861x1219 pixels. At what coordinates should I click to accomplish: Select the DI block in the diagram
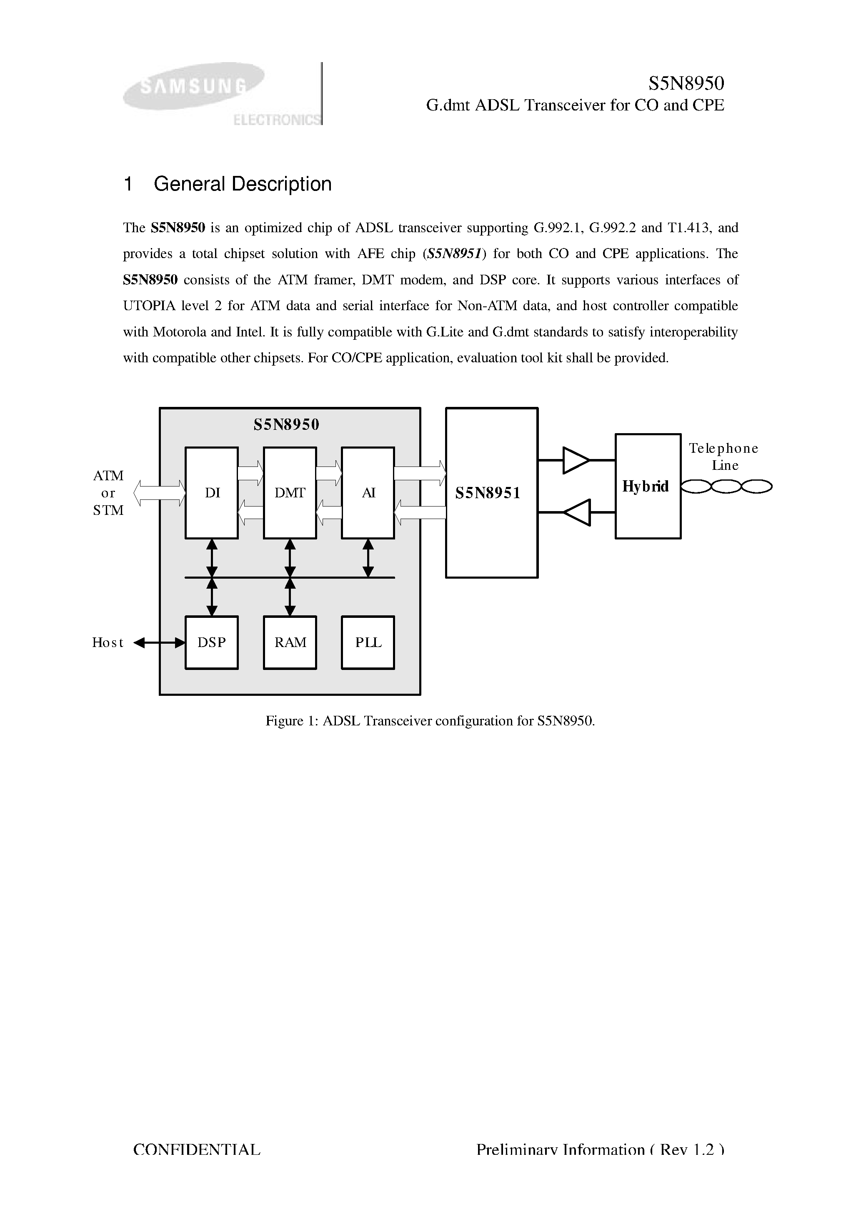tap(212, 493)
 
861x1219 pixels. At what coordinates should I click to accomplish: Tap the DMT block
tap(290, 493)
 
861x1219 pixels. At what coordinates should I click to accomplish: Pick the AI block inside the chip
tap(368, 493)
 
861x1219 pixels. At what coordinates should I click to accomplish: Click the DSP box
tap(212, 642)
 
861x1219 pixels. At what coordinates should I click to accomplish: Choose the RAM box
tap(290, 642)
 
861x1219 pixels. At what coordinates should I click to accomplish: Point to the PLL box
tap(368, 642)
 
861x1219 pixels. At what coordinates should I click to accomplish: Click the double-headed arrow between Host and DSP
tap(159, 643)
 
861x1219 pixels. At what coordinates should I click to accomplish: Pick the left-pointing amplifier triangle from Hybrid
tap(576, 512)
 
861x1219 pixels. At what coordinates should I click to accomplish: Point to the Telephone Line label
tap(723, 456)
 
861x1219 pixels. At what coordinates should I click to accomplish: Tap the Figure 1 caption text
tap(430, 721)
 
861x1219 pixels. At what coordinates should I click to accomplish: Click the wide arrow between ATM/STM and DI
tap(159, 493)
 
